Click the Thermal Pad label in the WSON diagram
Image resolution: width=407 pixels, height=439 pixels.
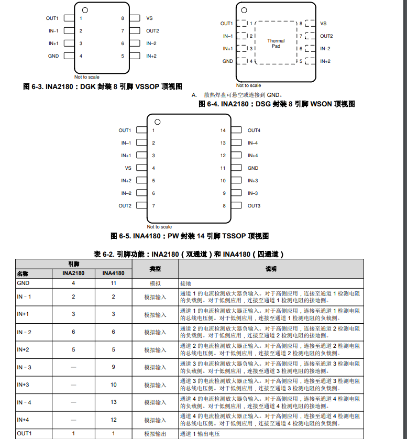tap(276, 43)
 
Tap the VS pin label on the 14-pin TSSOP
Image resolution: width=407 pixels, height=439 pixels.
tap(128, 168)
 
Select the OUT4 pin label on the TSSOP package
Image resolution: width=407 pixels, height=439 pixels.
tap(254, 130)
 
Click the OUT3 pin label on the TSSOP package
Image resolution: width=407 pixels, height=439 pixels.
tap(254, 206)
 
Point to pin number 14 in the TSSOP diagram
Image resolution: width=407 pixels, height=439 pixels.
tap(223, 130)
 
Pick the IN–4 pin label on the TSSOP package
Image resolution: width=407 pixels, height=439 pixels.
tap(253, 143)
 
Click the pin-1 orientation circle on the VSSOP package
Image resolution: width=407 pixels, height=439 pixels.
tap(84, 10)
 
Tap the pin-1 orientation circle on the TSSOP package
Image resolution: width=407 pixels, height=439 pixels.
tap(157, 122)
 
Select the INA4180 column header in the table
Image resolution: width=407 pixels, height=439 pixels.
tap(113, 273)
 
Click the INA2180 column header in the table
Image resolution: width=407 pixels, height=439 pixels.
tap(73, 273)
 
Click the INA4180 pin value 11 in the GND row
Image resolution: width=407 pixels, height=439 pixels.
tap(113, 283)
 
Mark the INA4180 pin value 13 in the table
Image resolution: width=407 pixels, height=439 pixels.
tap(113, 402)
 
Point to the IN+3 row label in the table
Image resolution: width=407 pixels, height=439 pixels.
tap(23, 385)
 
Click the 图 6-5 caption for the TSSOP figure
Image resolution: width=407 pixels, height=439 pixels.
tap(190, 236)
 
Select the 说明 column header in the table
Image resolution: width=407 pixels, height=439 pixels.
tap(271, 269)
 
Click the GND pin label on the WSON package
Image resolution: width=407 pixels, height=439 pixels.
tap(228, 61)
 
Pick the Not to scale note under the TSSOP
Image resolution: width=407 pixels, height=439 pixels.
tap(159, 227)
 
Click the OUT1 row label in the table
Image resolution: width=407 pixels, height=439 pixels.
tap(24, 434)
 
